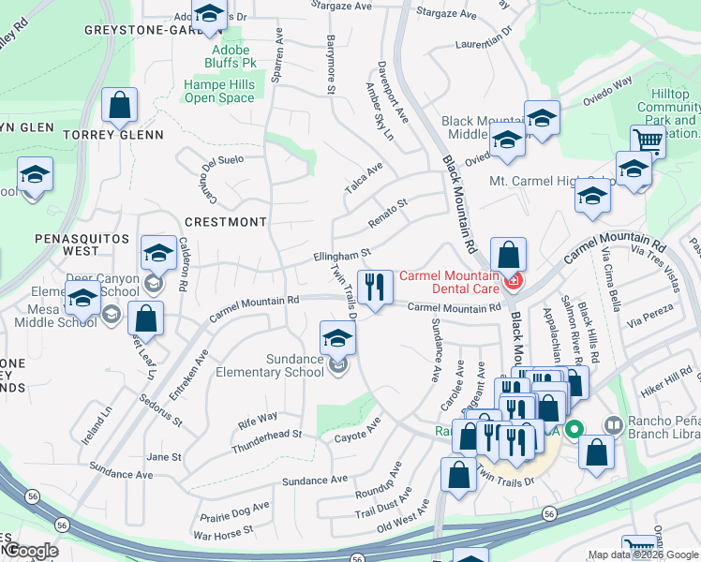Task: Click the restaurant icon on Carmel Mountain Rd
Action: [375, 288]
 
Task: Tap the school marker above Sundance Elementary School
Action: [337, 339]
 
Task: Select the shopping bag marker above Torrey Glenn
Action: [120, 107]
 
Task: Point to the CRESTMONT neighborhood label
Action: [225, 222]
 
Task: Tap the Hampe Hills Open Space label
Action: [219, 91]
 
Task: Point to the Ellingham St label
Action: [342, 255]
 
